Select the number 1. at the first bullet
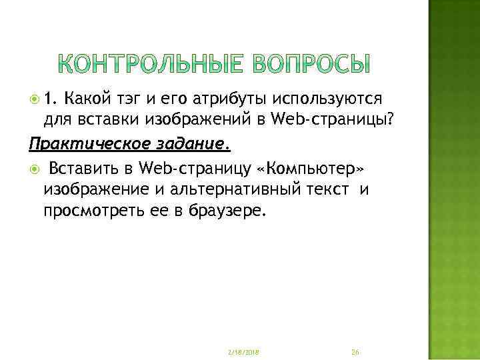click(x=51, y=99)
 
